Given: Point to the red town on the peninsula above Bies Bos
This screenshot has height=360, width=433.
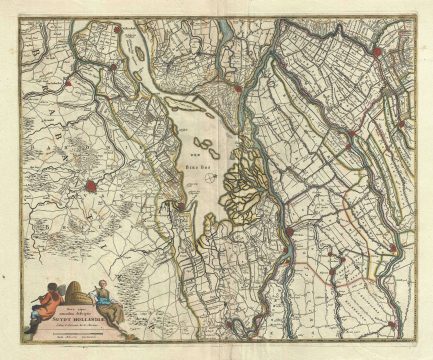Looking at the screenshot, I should [x=237, y=89].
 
